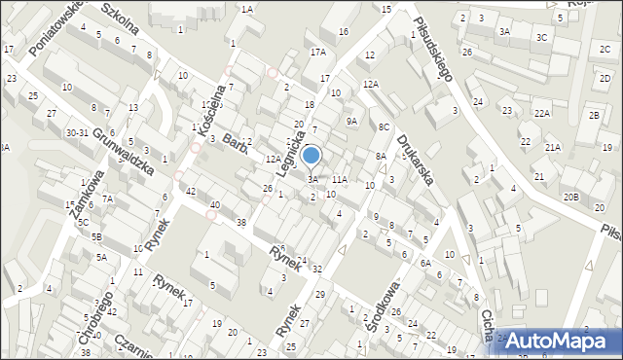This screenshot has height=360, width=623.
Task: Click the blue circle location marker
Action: point(311,155)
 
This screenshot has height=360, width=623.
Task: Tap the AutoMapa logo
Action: point(559,340)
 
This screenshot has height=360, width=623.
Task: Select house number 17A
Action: point(317,52)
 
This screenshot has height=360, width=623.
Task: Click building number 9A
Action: point(351,122)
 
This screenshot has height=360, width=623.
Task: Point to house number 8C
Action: point(385,126)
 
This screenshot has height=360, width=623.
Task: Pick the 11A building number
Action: point(339,179)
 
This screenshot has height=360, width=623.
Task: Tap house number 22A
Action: point(541,114)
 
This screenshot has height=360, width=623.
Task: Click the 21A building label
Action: point(553,147)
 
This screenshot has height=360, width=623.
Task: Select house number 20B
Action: point(571,198)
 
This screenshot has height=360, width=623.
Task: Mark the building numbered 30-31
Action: point(77,132)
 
